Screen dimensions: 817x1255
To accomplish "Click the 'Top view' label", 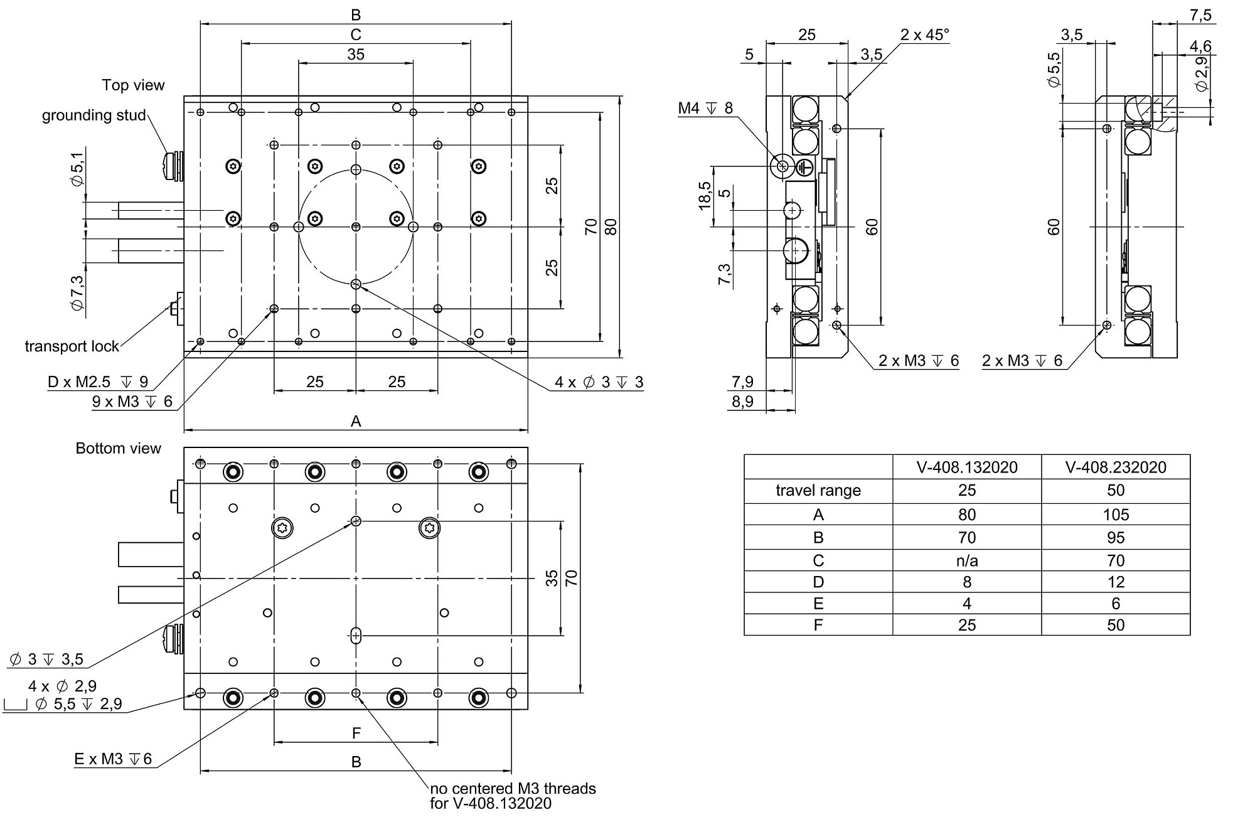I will pyautogui.click(x=133, y=85).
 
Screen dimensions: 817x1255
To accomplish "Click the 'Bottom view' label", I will pyautogui.click(x=118, y=448).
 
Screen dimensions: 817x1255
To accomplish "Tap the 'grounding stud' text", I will pyautogui.click(x=93, y=115).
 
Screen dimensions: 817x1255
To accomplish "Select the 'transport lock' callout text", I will pyautogui.click(x=72, y=346).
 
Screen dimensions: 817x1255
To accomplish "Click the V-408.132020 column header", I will pyautogui.click(x=966, y=467).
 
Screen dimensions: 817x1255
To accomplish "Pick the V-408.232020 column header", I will pyautogui.click(x=1115, y=467).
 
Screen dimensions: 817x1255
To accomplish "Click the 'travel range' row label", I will pyautogui.click(x=818, y=490).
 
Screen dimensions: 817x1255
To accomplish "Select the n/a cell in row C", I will pyautogui.click(x=966, y=560).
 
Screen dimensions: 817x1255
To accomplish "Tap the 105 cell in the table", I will pyautogui.click(x=1115, y=515).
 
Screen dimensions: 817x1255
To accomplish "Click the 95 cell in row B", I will pyautogui.click(x=1115, y=538).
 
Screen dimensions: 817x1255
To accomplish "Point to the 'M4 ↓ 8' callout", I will pyautogui.click(x=705, y=109).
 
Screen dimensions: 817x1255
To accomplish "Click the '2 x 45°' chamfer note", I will pyautogui.click(x=924, y=35).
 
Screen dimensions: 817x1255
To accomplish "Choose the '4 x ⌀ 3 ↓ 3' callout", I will pyautogui.click(x=599, y=382).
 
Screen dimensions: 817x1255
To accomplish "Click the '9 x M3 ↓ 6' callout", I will pyautogui.click(x=132, y=402).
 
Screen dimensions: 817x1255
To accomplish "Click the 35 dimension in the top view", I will pyautogui.click(x=355, y=55).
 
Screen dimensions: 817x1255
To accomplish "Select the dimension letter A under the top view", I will pyautogui.click(x=356, y=422).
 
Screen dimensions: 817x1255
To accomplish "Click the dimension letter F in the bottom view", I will pyautogui.click(x=356, y=733).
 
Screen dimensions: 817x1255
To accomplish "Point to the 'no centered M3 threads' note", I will pyautogui.click(x=513, y=789).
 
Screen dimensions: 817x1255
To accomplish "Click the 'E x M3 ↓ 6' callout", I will pyautogui.click(x=113, y=759).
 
